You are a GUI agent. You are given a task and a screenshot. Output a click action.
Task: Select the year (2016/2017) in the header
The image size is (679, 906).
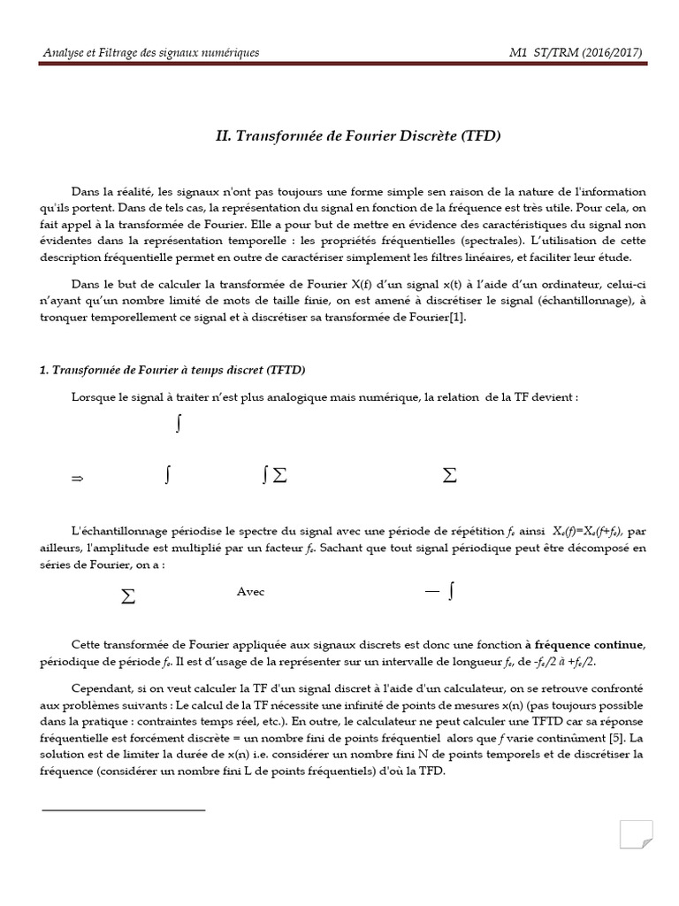point(610,53)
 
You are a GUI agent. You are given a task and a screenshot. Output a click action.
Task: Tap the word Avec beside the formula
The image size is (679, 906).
point(250,591)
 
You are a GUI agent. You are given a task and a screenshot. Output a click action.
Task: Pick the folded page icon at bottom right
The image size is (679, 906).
point(637,837)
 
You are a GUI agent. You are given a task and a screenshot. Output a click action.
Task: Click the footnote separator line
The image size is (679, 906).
point(123,809)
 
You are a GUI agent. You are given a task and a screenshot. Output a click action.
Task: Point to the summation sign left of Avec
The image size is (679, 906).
point(128,596)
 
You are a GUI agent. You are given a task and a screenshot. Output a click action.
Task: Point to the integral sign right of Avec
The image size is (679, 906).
point(451,592)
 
